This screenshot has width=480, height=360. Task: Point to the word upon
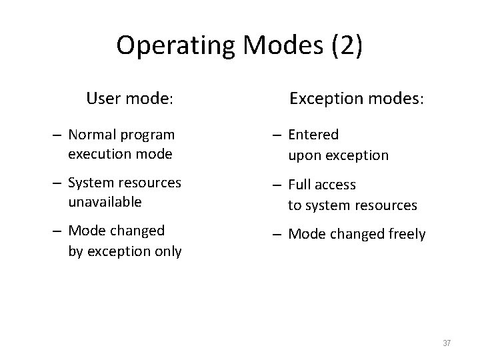coord(303,155)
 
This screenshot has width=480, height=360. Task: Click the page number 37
coord(447,343)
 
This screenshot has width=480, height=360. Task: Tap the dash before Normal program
coord(59,135)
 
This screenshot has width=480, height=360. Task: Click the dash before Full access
coord(279,185)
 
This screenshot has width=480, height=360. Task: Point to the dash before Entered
coord(279,135)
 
